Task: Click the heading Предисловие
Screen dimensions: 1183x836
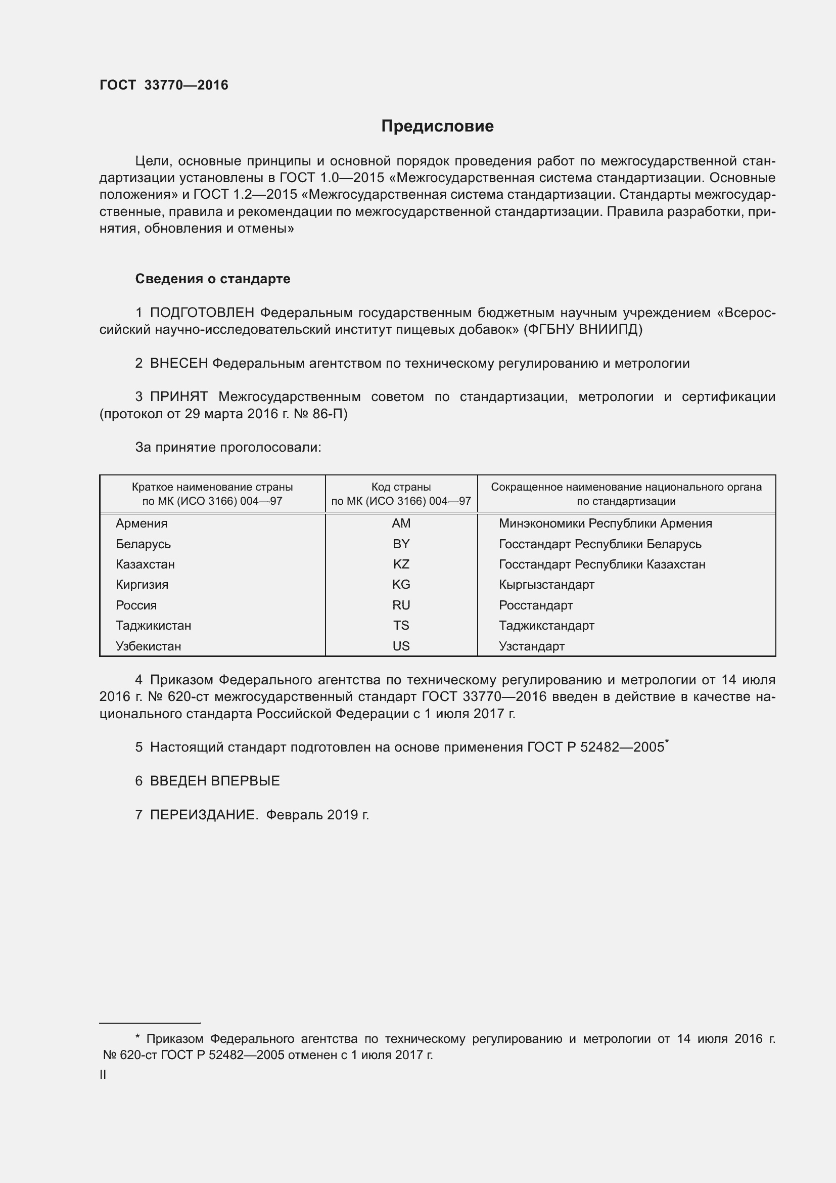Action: [x=437, y=126]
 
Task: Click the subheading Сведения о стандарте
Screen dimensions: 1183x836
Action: [x=213, y=279]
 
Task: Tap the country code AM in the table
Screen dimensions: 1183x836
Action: [x=401, y=523]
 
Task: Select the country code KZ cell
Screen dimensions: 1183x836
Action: [x=401, y=564]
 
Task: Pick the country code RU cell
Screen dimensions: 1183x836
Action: [x=401, y=605]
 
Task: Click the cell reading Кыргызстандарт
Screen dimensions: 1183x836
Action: [x=546, y=585]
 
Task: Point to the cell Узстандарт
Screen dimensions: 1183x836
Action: [x=531, y=646]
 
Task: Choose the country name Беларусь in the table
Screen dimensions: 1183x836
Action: [x=143, y=544]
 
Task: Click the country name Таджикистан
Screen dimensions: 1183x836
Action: [x=154, y=626]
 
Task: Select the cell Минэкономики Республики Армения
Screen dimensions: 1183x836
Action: [x=605, y=523]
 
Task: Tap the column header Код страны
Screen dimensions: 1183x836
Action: [x=401, y=487]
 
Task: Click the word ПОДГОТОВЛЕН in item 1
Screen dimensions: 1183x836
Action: [x=202, y=313]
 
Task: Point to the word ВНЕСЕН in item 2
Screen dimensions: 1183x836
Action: [x=178, y=363]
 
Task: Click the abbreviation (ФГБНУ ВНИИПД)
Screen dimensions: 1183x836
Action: [x=583, y=329]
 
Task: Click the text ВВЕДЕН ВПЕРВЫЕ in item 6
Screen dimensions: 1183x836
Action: [x=215, y=780]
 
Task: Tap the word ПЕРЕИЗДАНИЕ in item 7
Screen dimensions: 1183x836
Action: [x=204, y=815]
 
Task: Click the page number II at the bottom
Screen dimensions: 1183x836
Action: [x=103, y=1075]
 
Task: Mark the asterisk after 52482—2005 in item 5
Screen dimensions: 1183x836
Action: [x=667, y=741]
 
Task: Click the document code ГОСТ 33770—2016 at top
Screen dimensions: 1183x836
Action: [x=164, y=85]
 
